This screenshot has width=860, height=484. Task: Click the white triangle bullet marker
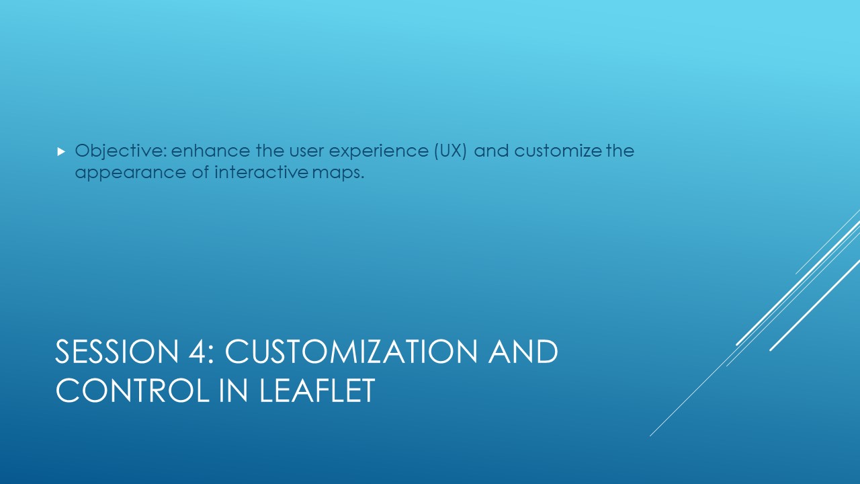pyautogui.click(x=61, y=152)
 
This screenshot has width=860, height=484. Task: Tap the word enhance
pyautogui.click(x=210, y=150)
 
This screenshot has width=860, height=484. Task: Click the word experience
pyautogui.click(x=378, y=151)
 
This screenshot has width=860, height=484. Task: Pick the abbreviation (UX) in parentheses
pyautogui.click(x=451, y=151)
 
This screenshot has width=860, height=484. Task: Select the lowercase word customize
pyautogui.click(x=558, y=150)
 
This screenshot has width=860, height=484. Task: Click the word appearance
pyautogui.click(x=130, y=173)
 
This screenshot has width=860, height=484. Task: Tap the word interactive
pyautogui.click(x=261, y=171)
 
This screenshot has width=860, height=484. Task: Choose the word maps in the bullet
pyautogui.click(x=338, y=173)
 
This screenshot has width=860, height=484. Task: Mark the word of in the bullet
pyautogui.click(x=200, y=171)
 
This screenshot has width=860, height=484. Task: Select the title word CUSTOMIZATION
pyautogui.click(x=351, y=352)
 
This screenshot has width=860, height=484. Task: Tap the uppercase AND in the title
pyautogui.click(x=523, y=352)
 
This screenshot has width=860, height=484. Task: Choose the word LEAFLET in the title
pyautogui.click(x=317, y=391)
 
